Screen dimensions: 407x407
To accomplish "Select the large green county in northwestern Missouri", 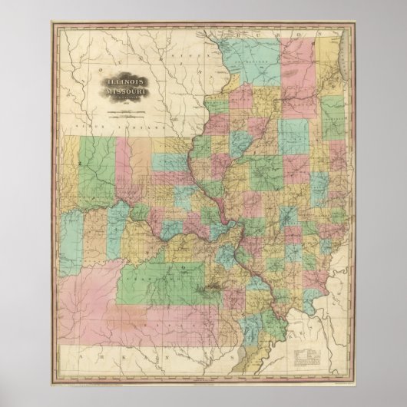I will click(88, 161).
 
